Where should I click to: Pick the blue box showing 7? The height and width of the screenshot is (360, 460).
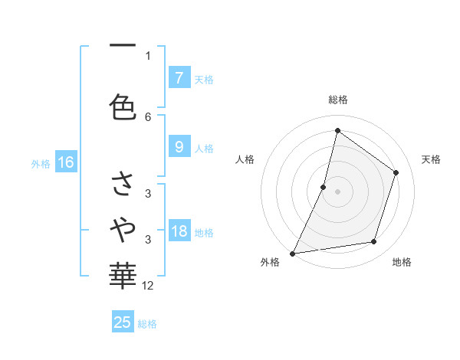coord(179,77)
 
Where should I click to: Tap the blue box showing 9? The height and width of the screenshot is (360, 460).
coord(179,147)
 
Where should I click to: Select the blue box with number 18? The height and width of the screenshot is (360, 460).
coord(179,231)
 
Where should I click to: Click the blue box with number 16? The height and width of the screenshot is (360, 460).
coord(65,162)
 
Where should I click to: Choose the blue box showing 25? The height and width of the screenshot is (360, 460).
coord(123,322)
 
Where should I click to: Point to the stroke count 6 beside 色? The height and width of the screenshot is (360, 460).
coord(148,116)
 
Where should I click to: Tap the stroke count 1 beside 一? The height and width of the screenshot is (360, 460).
coord(148,55)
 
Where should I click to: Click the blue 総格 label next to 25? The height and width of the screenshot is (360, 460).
coord(147,324)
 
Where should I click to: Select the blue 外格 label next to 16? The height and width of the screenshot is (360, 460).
coord(41,163)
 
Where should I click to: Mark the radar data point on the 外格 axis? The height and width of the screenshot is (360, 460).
coord(293,253)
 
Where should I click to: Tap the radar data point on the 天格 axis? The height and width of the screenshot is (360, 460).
coord(396,172)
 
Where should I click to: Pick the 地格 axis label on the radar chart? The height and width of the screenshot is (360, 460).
coord(402,262)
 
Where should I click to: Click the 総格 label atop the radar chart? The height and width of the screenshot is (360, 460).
coord(337,100)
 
